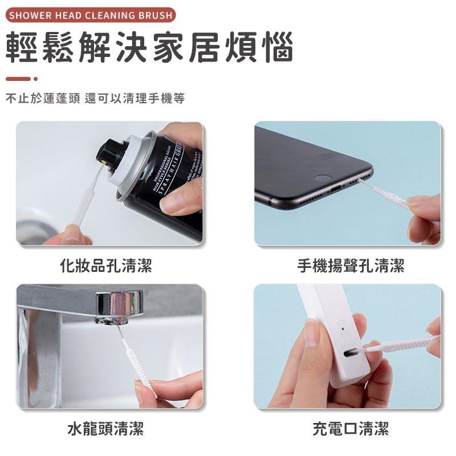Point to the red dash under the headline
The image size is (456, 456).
point(18,79)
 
